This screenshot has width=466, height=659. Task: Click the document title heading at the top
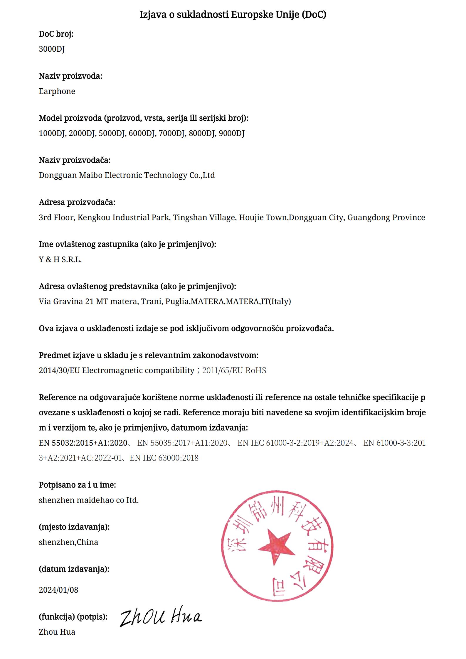(x=233, y=14)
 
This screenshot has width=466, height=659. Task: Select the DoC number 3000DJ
(x=52, y=49)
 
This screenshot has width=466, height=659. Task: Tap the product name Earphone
(x=57, y=91)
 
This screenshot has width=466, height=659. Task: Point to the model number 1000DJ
(x=52, y=133)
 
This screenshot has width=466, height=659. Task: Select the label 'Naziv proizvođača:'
(x=75, y=160)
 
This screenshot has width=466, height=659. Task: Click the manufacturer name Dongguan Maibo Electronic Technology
(x=127, y=175)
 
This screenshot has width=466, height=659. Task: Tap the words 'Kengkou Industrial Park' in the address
(x=123, y=218)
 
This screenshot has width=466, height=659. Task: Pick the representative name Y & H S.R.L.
(x=60, y=259)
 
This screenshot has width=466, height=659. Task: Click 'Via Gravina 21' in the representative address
(x=66, y=301)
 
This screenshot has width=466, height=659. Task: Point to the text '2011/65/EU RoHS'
(x=234, y=370)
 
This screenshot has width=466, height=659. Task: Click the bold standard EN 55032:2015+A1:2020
(x=83, y=443)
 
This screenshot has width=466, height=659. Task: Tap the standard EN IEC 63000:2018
(x=164, y=458)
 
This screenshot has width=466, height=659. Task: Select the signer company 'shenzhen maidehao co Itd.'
(x=89, y=500)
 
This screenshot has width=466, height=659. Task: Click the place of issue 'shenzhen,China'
(x=68, y=542)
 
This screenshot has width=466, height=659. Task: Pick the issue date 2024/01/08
(x=58, y=590)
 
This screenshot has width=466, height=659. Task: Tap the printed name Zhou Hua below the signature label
(x=57, y=632)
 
